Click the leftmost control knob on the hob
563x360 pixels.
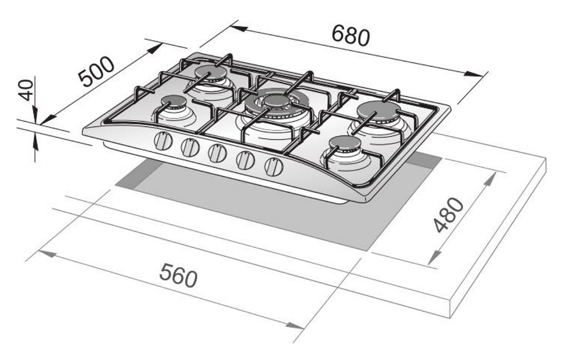click(163, 142)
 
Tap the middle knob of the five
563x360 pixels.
click(217, 154)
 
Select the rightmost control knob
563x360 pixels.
click(273, 166)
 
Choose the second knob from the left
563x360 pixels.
click(190, 148)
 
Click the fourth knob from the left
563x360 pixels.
click(245, 160)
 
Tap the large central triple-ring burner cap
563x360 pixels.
click(277, 100)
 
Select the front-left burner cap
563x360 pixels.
click(173, 101)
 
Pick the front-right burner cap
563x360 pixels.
click(344, 143)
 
